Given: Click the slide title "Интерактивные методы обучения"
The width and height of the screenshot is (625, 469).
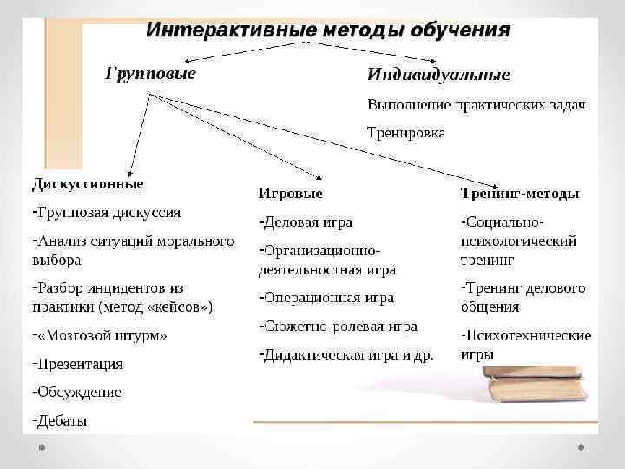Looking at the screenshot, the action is coord(327,30).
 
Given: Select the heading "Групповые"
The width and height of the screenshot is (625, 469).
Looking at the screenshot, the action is coord(150,73).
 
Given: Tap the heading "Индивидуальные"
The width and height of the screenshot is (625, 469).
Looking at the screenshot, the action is coord(438,75).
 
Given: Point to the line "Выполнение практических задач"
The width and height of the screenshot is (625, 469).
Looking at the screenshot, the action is coord(477,105).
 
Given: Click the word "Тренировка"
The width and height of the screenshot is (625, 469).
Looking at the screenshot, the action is coord(406,134).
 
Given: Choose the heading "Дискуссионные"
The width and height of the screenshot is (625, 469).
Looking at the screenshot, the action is coord(88,184).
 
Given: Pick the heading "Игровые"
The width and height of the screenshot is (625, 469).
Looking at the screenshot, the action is coord(290,193).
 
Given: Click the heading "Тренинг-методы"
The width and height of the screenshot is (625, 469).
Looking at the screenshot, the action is coord(520,193).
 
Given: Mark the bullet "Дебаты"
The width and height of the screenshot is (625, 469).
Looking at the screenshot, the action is coord(62,421).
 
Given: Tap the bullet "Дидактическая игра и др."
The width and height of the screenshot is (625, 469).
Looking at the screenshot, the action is coord(348,355).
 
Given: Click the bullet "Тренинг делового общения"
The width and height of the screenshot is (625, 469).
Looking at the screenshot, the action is coord(523,296).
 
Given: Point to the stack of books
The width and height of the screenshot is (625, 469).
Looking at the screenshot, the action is coord(536,382).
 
